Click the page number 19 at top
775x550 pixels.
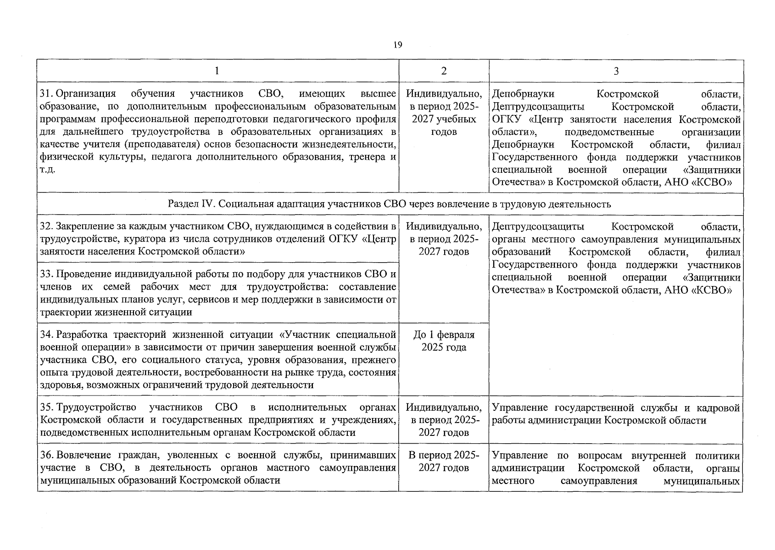(397, 44)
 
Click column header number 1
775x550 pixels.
(217, 71)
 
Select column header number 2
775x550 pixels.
(444, 71)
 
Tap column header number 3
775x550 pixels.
(616, 71)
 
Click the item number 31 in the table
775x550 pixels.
(45, 94)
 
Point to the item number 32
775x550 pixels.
(46, 226)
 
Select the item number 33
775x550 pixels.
(46, 275)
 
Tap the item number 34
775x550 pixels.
(46, 335)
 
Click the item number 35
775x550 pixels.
(46, 408)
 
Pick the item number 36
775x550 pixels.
(46, 456)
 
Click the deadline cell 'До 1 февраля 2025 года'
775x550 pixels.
(444, 341)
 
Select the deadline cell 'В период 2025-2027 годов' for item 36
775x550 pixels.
(444, 462)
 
